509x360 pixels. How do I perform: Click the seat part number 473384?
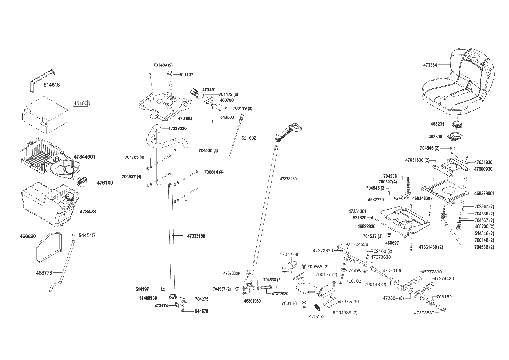430,65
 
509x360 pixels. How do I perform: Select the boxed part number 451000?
81,103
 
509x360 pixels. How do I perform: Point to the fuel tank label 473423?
88,212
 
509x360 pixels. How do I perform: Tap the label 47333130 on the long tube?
196,236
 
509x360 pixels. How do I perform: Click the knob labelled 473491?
194,91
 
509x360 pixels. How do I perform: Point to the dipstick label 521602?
249,138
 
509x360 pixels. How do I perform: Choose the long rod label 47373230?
288,179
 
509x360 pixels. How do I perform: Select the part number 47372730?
289,255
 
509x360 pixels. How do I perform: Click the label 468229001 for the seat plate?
484,193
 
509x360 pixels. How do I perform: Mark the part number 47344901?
84,157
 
